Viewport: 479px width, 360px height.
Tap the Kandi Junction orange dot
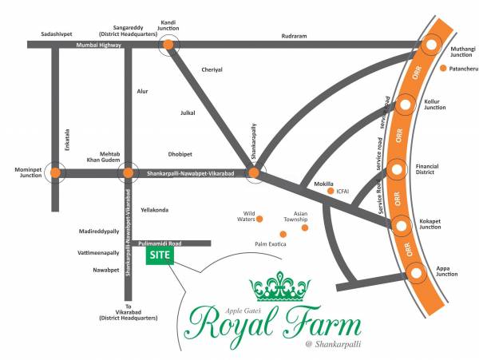coord(168,45)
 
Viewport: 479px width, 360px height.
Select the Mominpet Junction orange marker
coord(54,172)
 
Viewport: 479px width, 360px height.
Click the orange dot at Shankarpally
coord(253,172)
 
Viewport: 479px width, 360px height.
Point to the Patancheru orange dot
coord(443,69)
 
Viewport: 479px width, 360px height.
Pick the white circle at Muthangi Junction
coord(432,45)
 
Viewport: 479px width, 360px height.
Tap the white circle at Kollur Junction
coord(406,104)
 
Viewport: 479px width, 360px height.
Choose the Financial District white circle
coord(397,169)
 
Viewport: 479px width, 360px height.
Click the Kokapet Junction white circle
coord(402,224)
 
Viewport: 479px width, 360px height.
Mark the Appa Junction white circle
coord(417,273)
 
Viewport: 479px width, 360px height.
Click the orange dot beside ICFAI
coord(331,192)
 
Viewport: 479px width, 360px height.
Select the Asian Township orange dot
coord(304,228)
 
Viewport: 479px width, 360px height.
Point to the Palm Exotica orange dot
coord(283,234)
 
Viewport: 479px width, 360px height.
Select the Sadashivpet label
coord(61,34)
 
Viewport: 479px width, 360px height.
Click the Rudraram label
coord(295,36)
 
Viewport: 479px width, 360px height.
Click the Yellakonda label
coord(155,209)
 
